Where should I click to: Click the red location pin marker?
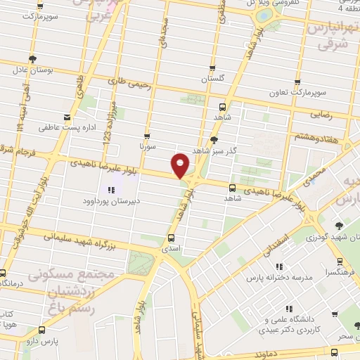pyautogui.click(x=181, y=165)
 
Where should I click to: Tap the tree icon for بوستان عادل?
pyautogui.click(x=32, y=59)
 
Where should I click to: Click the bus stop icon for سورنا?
pyautogui.click(x=146, y=136)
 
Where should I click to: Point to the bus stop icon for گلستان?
pyautogui.click(x=212, y=69)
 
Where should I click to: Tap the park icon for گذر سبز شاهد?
pyautogui.click(x=214, y=140)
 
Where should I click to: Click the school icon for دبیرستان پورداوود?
pyautogui.click(x=110, y=189)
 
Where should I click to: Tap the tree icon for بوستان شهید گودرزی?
pyautogui.click(x=340, y=225)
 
